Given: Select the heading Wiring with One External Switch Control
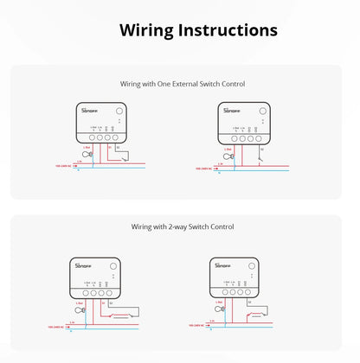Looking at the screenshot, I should coord(182,84).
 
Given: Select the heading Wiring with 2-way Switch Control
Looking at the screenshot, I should coord(182,226).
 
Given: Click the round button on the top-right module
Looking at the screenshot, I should coord(260,111).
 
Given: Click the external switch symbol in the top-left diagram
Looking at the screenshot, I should coord(125,158).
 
